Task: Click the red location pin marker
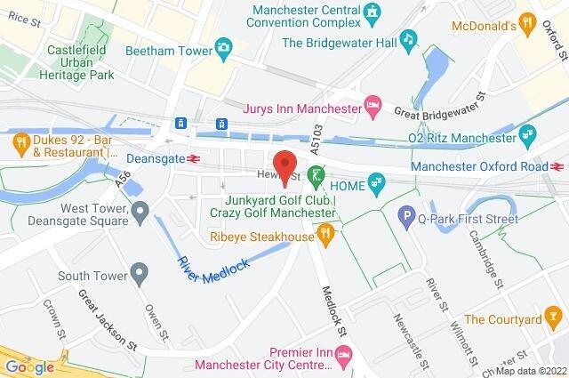point(284,167)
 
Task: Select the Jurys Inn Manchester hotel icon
point(375,109)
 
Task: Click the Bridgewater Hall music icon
point(408,39)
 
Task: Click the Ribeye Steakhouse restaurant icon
point(326,236)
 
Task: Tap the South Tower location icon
point(138,270)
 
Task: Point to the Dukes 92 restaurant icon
point(19,139)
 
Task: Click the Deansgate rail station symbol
point(194,159)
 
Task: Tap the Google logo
point(30,366)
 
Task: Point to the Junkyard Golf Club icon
point(314,174)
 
